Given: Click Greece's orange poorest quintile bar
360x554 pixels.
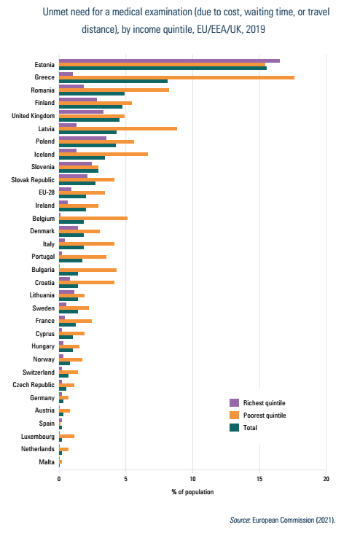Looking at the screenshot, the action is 176,77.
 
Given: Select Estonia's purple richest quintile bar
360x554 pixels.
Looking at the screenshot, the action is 169,61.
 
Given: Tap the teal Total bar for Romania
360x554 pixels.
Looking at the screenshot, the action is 92,93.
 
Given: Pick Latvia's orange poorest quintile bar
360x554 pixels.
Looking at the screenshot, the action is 118,128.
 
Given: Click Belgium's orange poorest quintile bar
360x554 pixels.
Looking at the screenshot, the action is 93,219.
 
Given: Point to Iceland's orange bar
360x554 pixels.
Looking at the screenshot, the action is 103,154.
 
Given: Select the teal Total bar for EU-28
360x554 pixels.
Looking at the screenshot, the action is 72,196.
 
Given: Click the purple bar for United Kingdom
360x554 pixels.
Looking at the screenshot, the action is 82,112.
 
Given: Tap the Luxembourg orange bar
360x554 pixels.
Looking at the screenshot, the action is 67,436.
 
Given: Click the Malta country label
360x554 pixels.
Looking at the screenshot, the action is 47,461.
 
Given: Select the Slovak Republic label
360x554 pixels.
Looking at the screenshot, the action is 33,180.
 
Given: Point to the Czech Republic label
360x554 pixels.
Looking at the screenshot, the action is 34,385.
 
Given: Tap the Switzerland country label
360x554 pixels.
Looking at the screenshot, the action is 39,372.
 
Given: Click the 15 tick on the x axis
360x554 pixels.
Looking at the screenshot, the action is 259,479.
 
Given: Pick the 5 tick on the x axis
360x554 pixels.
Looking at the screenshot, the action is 126,479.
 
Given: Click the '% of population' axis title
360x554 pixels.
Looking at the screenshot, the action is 192,492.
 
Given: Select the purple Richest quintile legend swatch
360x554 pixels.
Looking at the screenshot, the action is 234,403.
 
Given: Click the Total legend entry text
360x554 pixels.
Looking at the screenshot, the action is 250,427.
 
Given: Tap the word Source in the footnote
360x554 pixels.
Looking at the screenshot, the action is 240,520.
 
